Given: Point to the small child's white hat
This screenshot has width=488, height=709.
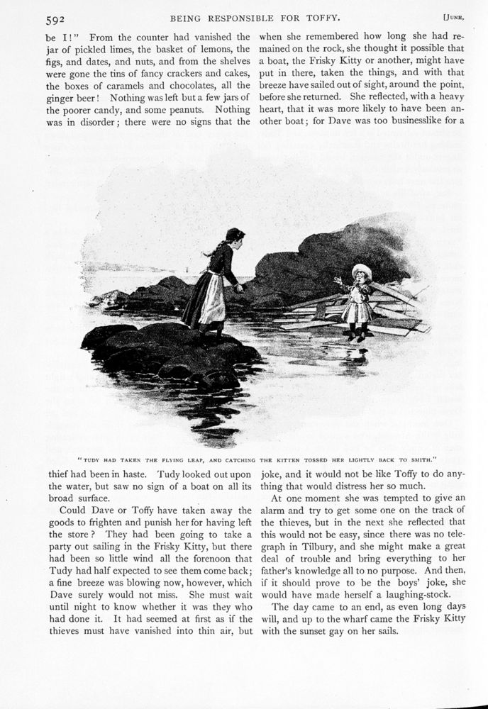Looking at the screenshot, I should tap(362, 270).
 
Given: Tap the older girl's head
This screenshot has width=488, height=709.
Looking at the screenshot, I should tap(235, 235).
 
